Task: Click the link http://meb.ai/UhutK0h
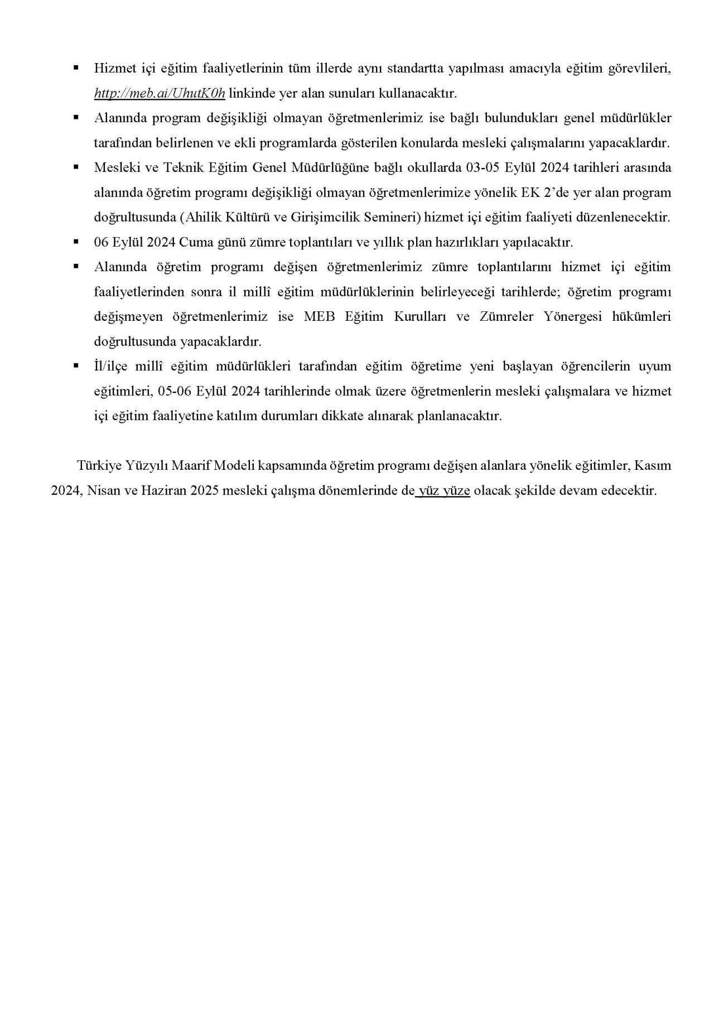160,93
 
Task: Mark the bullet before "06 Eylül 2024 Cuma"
76,242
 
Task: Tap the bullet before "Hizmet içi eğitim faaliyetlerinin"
76,68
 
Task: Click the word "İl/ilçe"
113,366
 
